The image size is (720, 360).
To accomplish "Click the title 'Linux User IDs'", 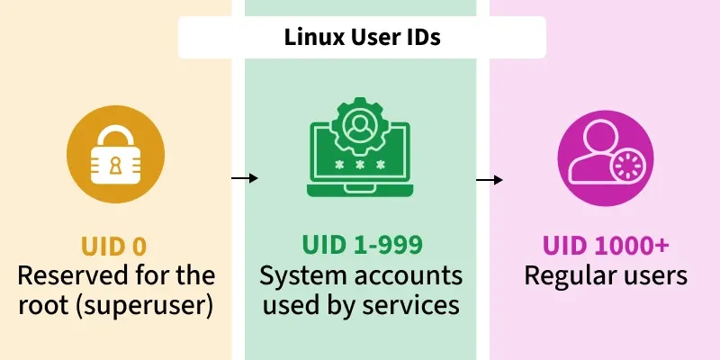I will tap(362, 38).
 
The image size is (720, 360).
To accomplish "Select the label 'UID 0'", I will tap(114, 246).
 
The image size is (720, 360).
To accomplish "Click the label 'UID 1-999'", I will tap(361, 246).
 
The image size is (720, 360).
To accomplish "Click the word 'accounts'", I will tap(414, 274).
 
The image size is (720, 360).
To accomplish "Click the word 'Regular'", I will tap(564, 274).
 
